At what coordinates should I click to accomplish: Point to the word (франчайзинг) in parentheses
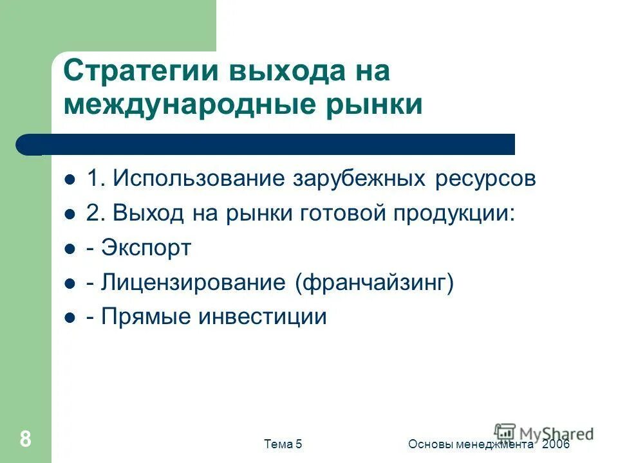pyautogui.click(x=375, y=283)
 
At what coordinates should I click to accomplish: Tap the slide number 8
pyautogui.click(x=25, y=439)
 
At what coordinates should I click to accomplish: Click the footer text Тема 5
pyautogui.click(x=283, y=444)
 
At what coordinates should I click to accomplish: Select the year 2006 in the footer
pyautogui.click(x=556, y=444)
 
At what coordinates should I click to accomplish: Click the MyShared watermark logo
pyautogui.click(x=544, y=433)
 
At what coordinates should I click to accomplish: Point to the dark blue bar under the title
pyautogui.click(x=270, y=145)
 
